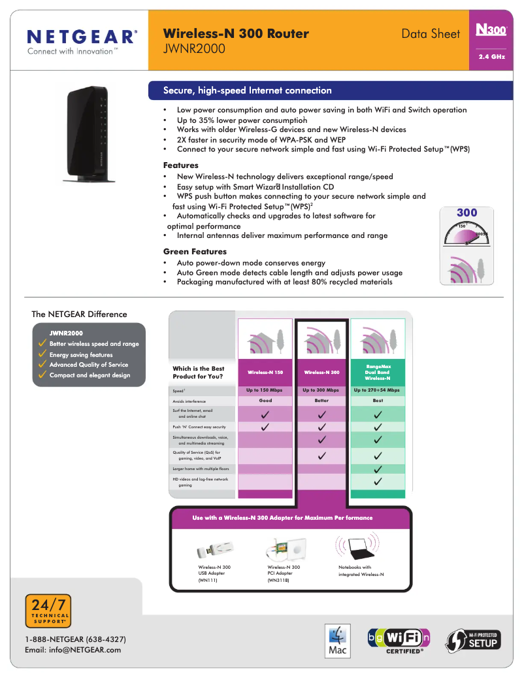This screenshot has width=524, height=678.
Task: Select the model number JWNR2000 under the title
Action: click(x=195, y=48)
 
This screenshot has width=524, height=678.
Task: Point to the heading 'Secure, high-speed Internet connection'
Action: click(x=247, y=90)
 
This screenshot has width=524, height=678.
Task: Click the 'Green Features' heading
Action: click(x=195, y=252)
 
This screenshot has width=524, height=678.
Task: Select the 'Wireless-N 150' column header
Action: click(x=265, y=372)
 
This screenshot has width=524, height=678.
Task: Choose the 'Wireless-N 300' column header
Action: click(x=321, y=372)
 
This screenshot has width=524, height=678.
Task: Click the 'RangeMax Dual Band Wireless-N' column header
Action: click(x=378, y=372)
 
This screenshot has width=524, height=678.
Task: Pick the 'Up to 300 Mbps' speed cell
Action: click(x=321, y=390)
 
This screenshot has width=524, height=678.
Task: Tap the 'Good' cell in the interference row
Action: click(x=265, y=401)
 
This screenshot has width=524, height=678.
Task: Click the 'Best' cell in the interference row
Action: click(x=378, y=401)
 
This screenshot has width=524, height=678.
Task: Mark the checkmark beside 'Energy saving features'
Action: click(x=42, y=354)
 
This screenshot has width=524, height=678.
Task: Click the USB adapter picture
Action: click(x=216, y=548)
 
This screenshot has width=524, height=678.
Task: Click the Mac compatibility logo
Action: click(x=338, y=641)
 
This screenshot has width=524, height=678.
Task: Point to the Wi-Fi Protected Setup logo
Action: click(x=473, y=639)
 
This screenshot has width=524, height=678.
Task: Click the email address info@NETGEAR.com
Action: click(x=73, y=650)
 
